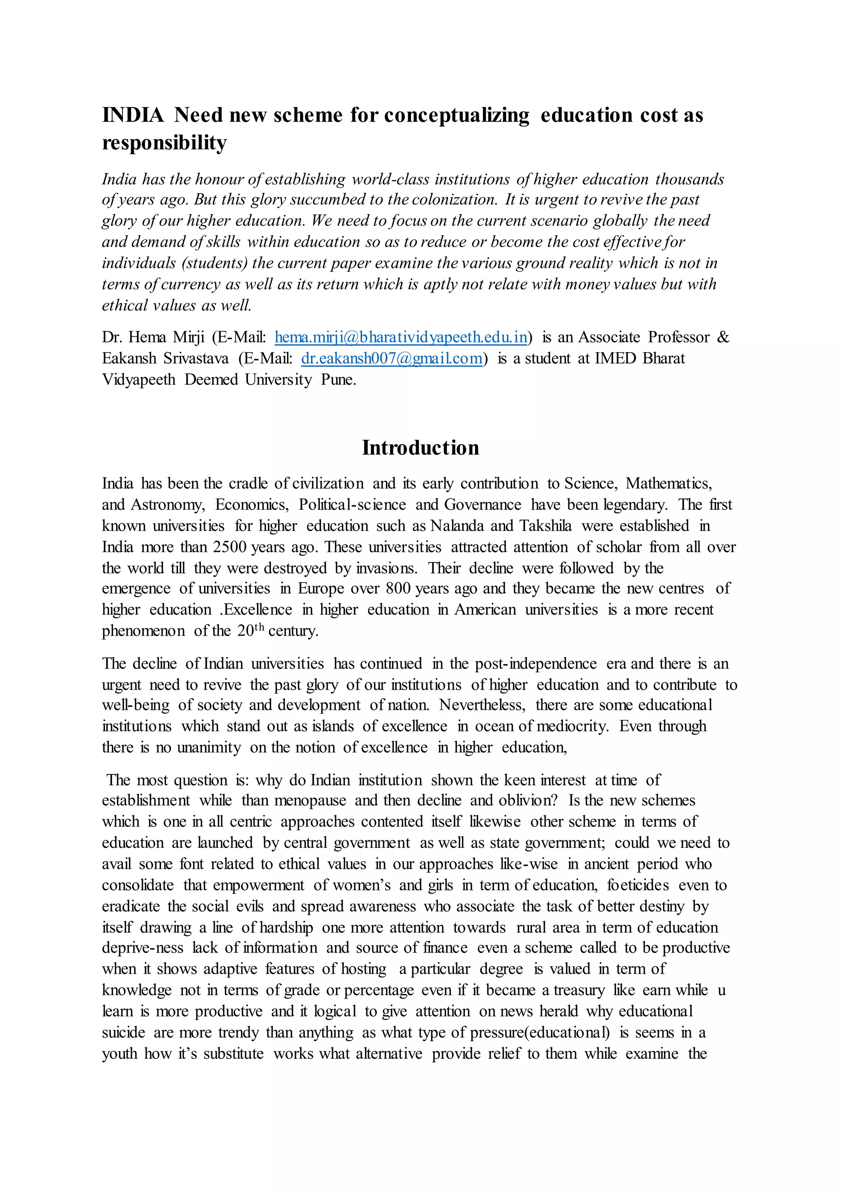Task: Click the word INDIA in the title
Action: pyautogui.click(x=133, y=115)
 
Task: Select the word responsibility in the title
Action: pyautogui.click(x=164, y=142)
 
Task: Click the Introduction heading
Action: pyautogui.click(x=420, y=448)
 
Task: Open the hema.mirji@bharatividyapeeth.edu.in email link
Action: pyautogui.click(x=400, y=337)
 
